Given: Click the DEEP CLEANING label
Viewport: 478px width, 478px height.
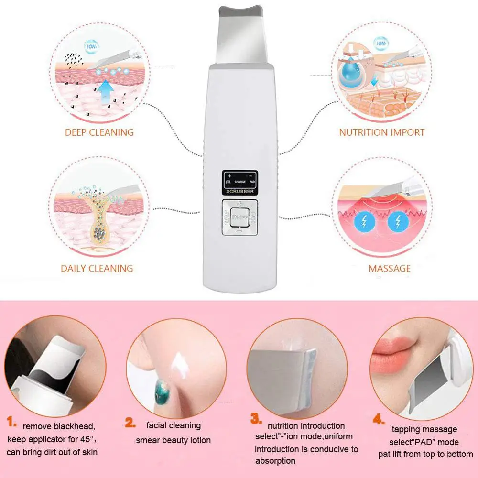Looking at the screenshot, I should point(99,132).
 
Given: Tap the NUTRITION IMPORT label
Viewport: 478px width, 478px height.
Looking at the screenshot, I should point(382,132).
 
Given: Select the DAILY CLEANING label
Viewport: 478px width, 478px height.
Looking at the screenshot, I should point(97,268).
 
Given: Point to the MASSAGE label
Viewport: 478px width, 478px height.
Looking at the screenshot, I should point(389,268).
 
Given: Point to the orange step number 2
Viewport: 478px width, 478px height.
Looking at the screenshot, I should point(130,422).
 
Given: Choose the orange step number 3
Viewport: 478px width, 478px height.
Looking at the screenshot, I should point(256,419).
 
